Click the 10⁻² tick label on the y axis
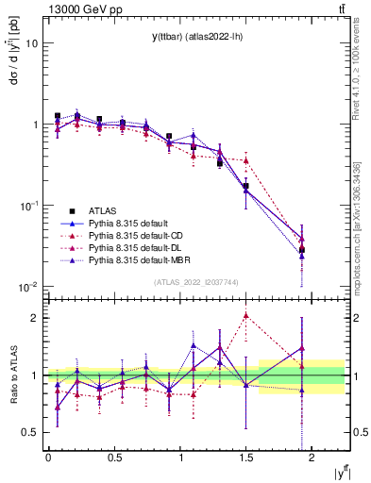28,287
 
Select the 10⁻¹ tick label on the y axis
28,206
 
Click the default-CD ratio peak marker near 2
246,316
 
